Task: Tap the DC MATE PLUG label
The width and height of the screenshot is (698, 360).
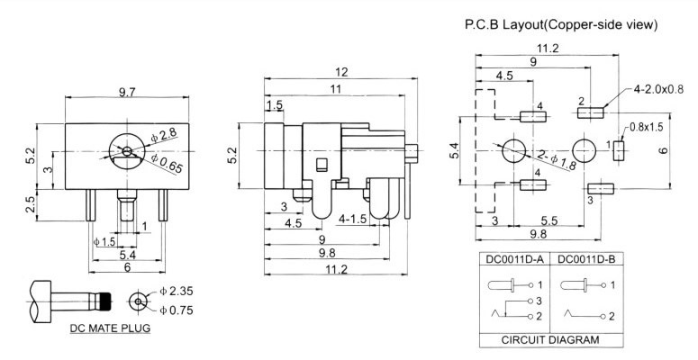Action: pos(110,328)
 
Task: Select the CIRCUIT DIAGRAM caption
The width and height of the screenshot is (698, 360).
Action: pos(549,340)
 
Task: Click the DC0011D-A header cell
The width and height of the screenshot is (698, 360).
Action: pos(515,259)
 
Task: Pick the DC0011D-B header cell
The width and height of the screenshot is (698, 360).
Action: pos(585,259)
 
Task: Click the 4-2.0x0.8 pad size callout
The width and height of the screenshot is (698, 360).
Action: pos(659,89)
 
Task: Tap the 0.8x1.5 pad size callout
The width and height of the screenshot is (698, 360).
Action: pos(646,127)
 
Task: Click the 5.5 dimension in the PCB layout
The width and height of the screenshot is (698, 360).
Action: pos(548,220)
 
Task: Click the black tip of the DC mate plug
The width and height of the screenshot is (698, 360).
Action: pos(105,300)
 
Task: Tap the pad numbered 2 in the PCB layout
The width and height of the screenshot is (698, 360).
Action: pos(591,113)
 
